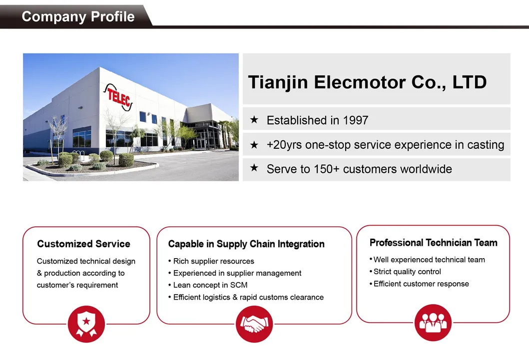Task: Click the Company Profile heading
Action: click(78, 16)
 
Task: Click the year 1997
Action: click(355, 120)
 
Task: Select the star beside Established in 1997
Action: click(254, 120)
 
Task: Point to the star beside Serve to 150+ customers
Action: click(254, 168)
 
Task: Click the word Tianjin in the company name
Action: click(278, 82)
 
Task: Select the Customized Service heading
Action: click(83, 244)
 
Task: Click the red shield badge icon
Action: click(86, 324)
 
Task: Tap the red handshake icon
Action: click(254, 324)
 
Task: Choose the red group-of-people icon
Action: click(433, 323)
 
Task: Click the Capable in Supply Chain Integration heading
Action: click(246, 244)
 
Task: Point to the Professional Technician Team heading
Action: click(434, 243)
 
